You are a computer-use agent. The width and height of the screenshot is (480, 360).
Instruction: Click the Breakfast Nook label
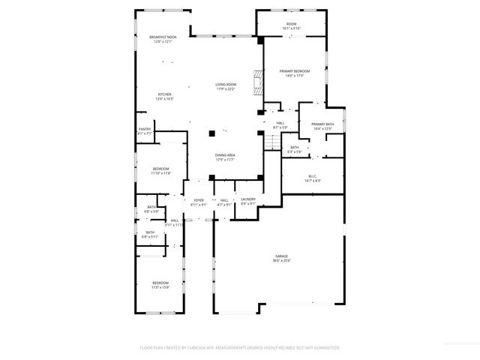pos(163,37)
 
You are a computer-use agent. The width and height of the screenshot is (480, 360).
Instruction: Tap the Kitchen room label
pos(163,94)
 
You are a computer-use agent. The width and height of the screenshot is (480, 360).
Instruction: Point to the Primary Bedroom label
pos(295,70)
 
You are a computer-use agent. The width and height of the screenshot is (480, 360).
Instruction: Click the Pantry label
pos(145,129)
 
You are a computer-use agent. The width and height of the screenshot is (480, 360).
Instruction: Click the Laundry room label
pos(248,199)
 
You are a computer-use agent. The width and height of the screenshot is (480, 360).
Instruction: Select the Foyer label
pos(199,199)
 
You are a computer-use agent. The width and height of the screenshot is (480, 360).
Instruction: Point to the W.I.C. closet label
pos(313,177)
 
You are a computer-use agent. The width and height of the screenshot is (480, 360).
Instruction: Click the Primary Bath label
pos(322,124)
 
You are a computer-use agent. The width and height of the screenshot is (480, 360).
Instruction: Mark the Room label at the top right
pos(291,24)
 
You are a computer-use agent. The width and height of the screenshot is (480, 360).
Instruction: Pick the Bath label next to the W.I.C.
pos(295,147)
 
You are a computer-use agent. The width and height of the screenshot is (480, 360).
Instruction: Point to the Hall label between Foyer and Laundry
pos(224,199)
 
